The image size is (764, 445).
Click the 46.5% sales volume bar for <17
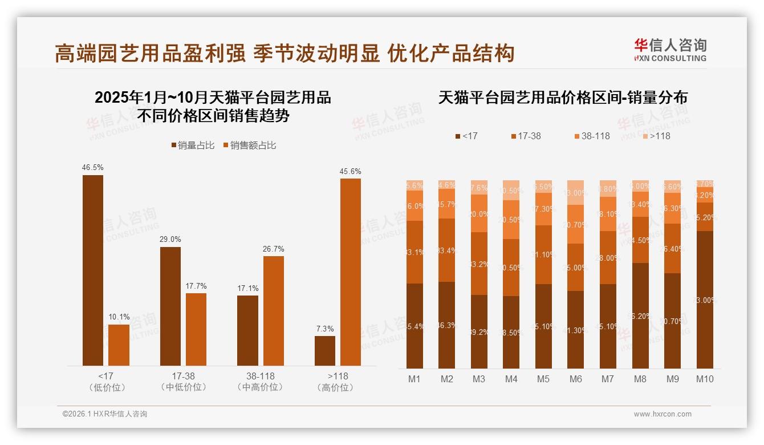[x=93, y=270]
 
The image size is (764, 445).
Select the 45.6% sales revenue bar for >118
[x=351, y=272]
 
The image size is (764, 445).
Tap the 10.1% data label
[x=119, y=317]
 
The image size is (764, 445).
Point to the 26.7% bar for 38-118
[x=274, y=310]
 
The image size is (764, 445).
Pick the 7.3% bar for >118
[x=325, y=350]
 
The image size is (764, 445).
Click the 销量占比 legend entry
[x=193, y=145]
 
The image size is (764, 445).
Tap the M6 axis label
[x=576, y=379]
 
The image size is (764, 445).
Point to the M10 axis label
[x=705, y=379]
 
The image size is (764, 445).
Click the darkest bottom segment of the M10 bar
[x=705, y=300]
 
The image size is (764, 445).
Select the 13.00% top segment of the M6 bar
[x=576, y=192]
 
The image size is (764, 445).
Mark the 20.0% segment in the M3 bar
[x=479, y=213]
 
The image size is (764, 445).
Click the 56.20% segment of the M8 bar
[x=640, y=315]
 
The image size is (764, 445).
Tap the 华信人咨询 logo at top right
[x=670, y=50]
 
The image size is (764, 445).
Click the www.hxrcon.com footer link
[x=663, y=414]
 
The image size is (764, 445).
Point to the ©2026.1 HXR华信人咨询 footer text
[x=105, y=414]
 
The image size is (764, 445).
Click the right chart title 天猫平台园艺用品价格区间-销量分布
[x=563, y=98]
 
